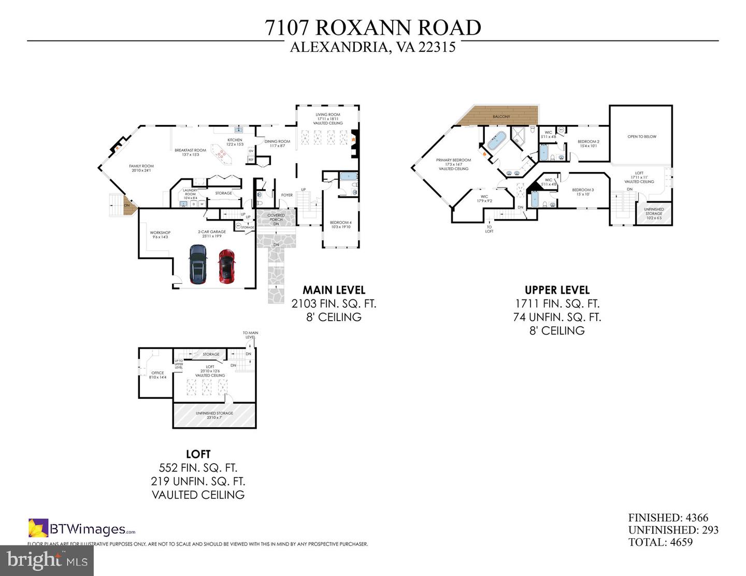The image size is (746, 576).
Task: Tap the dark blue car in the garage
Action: [x=197, y=264]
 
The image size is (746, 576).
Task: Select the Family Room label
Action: [x=141, y=168]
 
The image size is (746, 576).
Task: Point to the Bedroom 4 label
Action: [x=340, y=224]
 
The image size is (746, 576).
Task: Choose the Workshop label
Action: [x=160, y=235]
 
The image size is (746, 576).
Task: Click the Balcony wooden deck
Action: [x=500, y=116]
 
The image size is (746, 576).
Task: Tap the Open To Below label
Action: [x=641, y=137]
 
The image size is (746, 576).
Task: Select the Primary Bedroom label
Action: [x=453, y=164]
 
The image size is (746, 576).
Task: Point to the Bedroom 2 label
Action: [x=588, y=143]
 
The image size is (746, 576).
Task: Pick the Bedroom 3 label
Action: [x=583, y=192]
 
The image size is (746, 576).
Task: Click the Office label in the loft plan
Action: [x=157, y=375]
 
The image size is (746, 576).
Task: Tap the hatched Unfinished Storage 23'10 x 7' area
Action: [x=214, y=415]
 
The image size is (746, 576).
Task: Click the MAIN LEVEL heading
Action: [x=334, y=290]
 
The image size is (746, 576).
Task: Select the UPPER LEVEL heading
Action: [x=557, y=290]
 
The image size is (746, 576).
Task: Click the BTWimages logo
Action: [x=82, y=529]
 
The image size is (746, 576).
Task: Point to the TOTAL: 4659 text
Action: [x=660, y=542]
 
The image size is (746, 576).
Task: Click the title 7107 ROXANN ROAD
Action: [x=372, y=27]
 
